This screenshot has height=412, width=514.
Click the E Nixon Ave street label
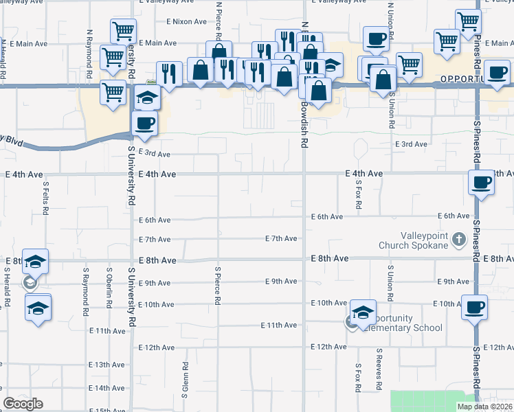pyautogui.click(x=187, y=21)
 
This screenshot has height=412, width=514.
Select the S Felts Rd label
pyautogui.click(x=45, y=198)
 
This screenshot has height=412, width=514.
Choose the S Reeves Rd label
pyautogui.click(x=379, y=369)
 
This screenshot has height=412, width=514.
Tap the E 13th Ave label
pyautogui.click(x=108, y=364)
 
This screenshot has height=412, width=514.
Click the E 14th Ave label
pyautogui.click(x=108, y=388)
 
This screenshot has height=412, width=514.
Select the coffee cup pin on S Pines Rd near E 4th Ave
pyautogui.click(x=481, y=183)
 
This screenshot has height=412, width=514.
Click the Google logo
pyautogui.click(x=23, y=404)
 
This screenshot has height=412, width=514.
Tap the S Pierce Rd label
pyautogui.click(x=217, y=286)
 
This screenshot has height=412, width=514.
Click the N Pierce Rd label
pyautogui.click(x=219, y=22)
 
